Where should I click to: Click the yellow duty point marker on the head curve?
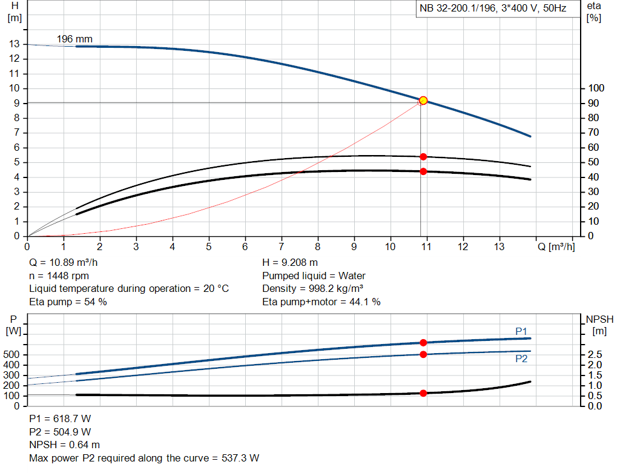click(x=423, y=101)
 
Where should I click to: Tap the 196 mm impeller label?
click(x=74, y=39)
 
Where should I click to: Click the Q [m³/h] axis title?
click(x=555, y=247)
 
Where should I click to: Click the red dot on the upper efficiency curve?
click(x=423, y=157)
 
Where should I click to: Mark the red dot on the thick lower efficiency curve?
click(x=423, y=171)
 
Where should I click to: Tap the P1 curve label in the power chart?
click(x=521, y=331)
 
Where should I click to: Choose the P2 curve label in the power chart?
click(x=521, y=359)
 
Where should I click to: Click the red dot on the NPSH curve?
click(x=423, y=393)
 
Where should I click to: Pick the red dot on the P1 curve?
click(x=423, y=343)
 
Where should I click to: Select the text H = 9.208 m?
click(x=290, y=263)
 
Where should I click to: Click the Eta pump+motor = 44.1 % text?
click(x=322, y=302)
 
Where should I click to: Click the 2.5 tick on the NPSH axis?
click(x=595, y=354)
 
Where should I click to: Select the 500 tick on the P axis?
click(x=13, y=354)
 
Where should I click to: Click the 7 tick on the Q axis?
click(x=281, y=247)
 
